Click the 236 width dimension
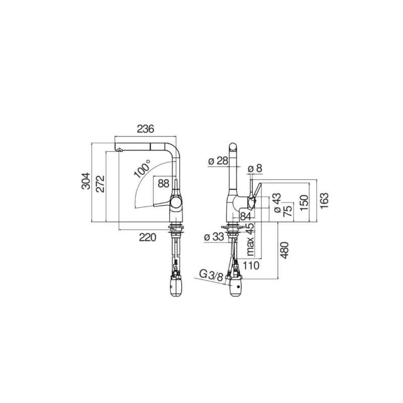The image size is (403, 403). click(145, 129)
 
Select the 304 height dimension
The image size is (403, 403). click(86, 181)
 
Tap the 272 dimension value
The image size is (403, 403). click(100, 183)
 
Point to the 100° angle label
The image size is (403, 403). click(142, 169)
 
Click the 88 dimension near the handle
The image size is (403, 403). click(164, 183)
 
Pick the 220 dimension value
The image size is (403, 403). click(148, 237)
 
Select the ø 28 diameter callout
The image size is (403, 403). click(218, 161)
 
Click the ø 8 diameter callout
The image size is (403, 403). click(255, 169)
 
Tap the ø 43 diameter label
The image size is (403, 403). click(277, 203)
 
